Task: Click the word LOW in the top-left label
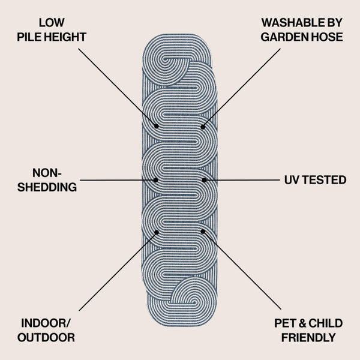(x=52, y=23)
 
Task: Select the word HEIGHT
(x=65, y=37)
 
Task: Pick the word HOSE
(x=325, y=37)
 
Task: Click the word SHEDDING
(x=47, y=187)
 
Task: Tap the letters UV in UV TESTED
(x=292, y=180)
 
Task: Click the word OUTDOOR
(x=46, y=337)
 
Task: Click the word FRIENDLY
(x=308, y=337)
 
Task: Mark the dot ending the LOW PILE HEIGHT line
(x=157, y=126)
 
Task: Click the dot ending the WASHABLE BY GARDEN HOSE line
(x=203, y=127)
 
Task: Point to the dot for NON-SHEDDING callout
(x=155, y=180)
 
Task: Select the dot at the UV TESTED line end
(x=204, y=180)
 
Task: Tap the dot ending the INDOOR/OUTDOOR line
(x=157, y=233)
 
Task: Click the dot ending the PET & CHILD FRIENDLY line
(x=203, y=232)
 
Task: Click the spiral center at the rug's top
(x=164, y=59)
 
